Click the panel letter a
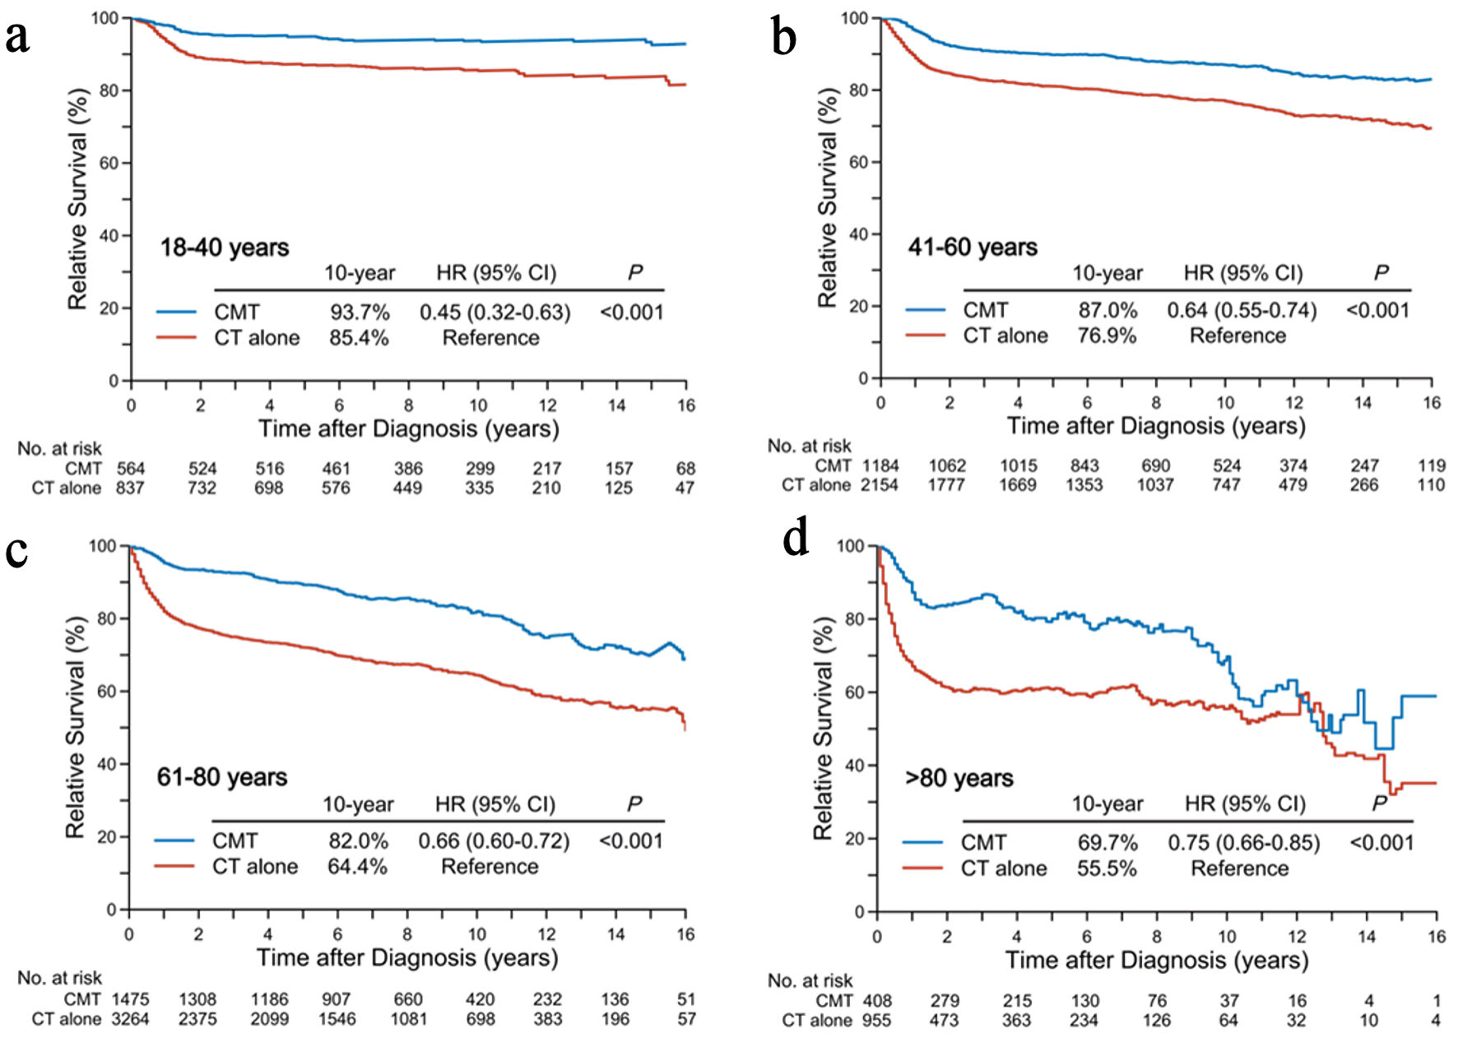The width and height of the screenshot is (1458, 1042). pos(17,37)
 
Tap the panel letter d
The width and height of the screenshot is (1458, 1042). pos(796,540)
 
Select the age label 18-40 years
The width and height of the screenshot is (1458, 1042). pos(224,248)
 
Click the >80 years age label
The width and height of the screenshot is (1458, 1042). pos(959,778)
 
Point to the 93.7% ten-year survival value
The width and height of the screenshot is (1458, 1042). pos(360,313)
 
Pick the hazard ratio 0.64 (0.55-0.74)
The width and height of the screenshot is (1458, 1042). pos(1242,311)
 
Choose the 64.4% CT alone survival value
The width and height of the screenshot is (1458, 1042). pos(357,867)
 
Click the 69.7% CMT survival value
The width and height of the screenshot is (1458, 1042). pos(1107,843)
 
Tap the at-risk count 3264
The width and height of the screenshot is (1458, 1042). pos(130,1019)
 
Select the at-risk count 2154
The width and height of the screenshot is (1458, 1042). pos(879,485)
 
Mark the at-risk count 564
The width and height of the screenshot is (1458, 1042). pos(130,469)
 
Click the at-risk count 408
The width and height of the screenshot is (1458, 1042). pos(877,1001)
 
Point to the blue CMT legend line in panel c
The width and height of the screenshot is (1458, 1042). pos(174,841)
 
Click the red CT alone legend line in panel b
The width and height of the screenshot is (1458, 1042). pos(925,336)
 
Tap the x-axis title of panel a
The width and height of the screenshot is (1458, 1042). pos(408,429)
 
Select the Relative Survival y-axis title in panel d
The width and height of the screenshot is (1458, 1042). pos(823,728)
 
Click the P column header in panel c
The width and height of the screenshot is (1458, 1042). pos(634,803)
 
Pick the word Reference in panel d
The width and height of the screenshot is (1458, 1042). pos(1239,868)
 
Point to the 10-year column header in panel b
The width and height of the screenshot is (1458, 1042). pos(1107,273)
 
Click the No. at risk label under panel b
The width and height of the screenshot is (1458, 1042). pos(809,446)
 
